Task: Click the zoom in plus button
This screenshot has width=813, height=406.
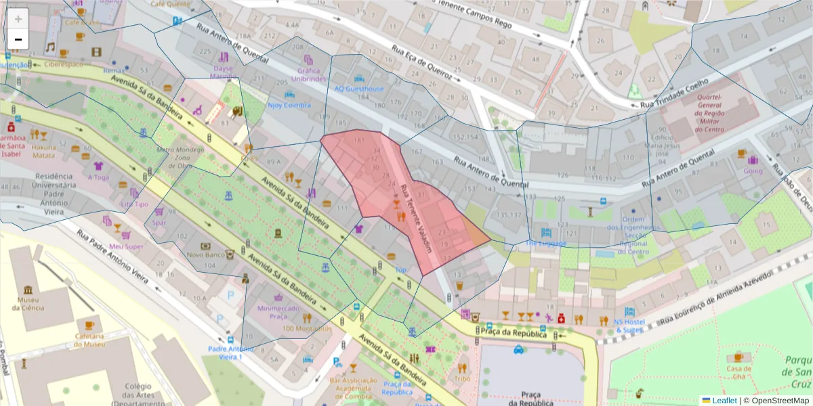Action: point(18,19)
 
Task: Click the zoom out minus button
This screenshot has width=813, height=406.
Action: point(18,40)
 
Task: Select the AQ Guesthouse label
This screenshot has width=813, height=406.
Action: point(358,89)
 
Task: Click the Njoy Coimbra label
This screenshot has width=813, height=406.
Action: point(289,105)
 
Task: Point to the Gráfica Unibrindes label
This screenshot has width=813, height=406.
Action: point(312,74)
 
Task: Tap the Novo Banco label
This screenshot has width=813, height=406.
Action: point(205,254)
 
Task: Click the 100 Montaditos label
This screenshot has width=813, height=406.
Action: point(306,329)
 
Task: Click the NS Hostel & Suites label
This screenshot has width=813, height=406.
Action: point(629,325)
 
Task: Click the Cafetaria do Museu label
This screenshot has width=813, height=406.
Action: point(89,340)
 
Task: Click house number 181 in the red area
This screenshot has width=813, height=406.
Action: point(358,140)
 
